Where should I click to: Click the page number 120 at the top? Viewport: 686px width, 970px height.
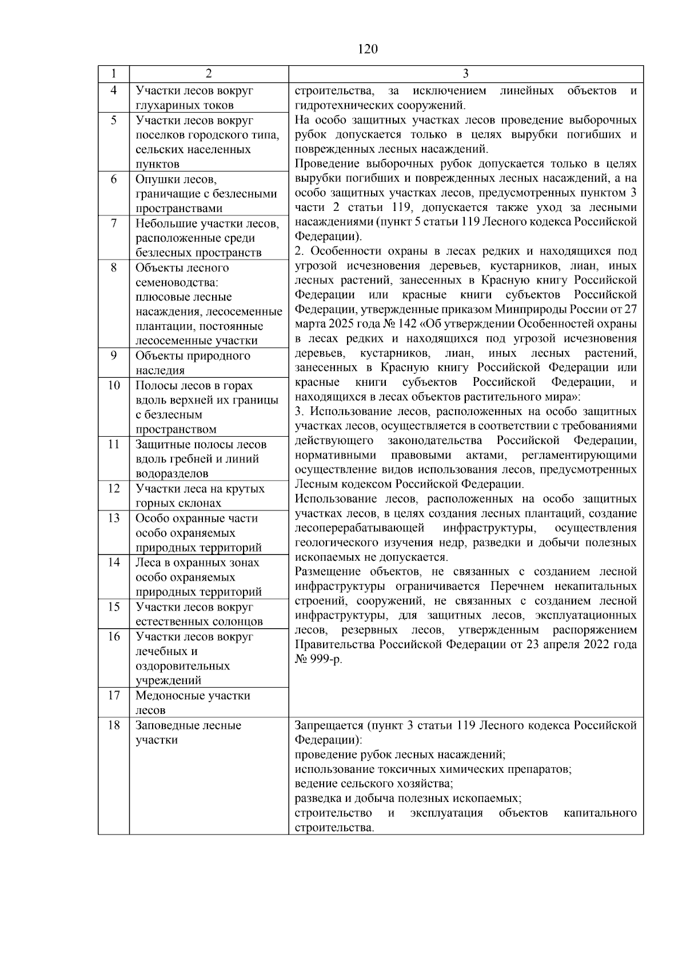coord(368,49)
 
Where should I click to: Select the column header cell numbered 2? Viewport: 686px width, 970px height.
coord(209,74)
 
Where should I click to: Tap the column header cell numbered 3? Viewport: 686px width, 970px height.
coord(465,74)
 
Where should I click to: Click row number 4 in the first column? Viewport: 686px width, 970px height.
coord(114,90)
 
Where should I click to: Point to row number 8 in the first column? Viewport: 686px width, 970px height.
coord(114,268)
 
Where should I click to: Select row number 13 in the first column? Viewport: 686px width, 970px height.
coord(114,518)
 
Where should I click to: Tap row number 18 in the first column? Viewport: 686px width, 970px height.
coord(114,725)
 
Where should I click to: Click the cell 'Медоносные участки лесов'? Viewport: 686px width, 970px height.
coord(193,702)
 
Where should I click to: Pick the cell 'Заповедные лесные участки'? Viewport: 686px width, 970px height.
coord(188,732)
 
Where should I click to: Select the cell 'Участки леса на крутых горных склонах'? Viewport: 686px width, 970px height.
coord(200,496)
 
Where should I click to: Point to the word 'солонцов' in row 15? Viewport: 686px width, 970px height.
coord(237,622)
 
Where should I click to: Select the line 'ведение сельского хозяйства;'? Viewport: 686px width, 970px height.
coord(374,784)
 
